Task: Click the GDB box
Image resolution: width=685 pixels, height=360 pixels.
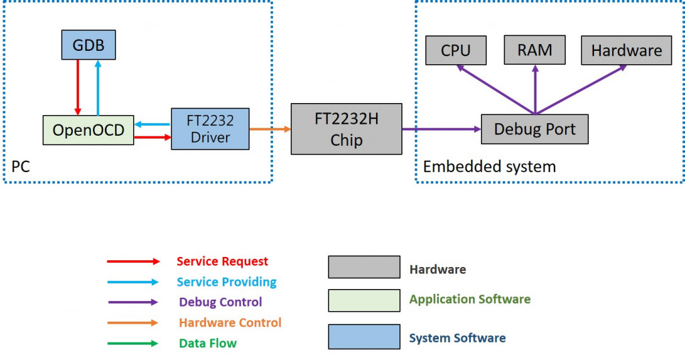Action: click(88, 46)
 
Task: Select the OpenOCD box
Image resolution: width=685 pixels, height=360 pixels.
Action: click(88, 130)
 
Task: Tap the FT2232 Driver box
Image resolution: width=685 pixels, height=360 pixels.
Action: click(211, 129)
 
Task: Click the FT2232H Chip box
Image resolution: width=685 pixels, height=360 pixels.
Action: click(347, 129)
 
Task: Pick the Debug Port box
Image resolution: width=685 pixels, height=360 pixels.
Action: click(534, 128)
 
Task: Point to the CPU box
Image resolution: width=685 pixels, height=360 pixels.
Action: click(456, 50)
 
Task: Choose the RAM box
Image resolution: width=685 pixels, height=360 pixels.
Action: click(535, 50)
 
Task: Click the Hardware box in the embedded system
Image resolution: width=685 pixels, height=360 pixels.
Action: click(626, 50)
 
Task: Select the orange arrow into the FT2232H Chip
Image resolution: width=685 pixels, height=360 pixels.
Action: click(270, 129)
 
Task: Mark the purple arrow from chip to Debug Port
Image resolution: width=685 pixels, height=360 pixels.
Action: click(442, 129)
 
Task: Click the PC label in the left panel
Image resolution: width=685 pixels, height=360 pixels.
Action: click(21, 167)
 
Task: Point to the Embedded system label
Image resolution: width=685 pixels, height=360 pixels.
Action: click(489, 167)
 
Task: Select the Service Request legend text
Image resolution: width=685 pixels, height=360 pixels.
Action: click(222, 262)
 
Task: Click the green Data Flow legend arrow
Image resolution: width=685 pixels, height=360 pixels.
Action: click(133, 343)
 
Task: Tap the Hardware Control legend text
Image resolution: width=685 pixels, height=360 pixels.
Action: click(230, 323)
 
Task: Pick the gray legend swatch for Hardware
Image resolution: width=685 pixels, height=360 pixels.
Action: click(363, 267)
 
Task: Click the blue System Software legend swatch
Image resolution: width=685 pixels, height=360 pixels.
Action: click(363, 337)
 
